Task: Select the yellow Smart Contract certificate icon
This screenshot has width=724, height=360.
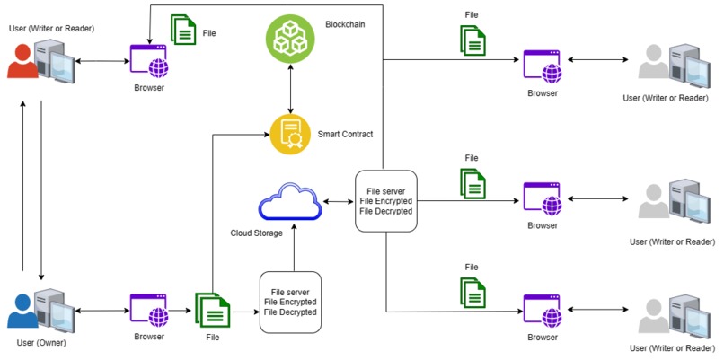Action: click(x=290, y=134)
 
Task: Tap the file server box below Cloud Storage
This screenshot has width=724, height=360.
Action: click(x=290, y=301)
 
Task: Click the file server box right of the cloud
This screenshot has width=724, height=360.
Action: click(x=385, y=200)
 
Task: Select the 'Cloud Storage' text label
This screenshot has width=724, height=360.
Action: click(x=256, y=233)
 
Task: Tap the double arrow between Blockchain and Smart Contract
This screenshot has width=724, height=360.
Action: click(x=289, y=88)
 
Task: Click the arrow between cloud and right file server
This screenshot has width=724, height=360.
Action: click(x=338, y=201)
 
